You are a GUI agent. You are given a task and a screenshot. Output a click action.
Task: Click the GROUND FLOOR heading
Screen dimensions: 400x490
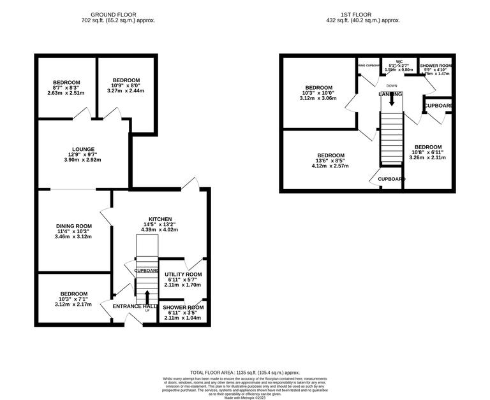point(118,14)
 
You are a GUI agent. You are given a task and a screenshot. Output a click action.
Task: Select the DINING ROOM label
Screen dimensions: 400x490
point(74,226)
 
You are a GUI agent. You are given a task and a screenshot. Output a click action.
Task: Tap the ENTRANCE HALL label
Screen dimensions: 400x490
point(134,306)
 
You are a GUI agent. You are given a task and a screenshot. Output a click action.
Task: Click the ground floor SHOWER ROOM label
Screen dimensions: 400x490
point(184,308)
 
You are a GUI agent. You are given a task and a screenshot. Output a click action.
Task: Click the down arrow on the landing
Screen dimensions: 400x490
point(391,99)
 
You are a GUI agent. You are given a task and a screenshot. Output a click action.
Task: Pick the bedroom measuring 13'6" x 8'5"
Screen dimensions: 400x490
point(331,156)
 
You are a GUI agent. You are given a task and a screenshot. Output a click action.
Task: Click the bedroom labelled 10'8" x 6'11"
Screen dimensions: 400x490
point(427,147)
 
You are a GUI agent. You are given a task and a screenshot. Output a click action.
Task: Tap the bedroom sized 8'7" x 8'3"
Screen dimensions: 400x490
point(66,83)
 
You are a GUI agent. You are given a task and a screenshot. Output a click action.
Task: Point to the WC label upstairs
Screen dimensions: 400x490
point(399,62)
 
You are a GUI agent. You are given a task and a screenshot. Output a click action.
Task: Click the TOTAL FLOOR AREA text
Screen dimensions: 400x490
point(245,372)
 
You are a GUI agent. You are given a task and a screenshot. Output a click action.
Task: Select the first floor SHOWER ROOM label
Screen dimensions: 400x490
point(436,66)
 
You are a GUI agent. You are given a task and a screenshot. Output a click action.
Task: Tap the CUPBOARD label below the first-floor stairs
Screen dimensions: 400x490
point(391,180)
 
